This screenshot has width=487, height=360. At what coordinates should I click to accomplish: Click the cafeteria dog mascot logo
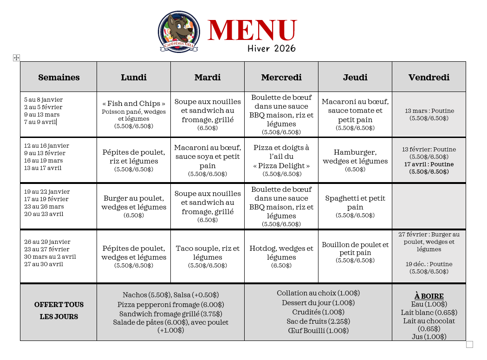pos(179,31)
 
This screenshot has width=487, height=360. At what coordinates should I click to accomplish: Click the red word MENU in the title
pos(252,31)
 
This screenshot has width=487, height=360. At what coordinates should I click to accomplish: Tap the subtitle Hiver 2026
pos(272,48)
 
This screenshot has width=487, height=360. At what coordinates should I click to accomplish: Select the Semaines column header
pos(58,77)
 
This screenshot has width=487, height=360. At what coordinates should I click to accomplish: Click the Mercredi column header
pos(281,77)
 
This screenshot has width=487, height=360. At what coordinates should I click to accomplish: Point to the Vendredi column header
pos(429,77)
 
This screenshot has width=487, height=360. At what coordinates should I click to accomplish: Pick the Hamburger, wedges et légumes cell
pos(355,160)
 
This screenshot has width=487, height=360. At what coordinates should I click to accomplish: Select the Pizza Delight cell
pos(281,160)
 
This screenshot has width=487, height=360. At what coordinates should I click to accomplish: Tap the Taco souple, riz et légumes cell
pos(208,256)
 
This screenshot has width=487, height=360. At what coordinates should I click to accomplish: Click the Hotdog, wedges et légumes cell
pos(281,256)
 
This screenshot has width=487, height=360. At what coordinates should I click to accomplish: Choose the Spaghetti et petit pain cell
pos(355,206)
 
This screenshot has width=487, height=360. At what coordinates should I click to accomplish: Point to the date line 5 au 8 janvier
pos(43,99)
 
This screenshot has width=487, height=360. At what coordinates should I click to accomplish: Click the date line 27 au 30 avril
pos(44,264)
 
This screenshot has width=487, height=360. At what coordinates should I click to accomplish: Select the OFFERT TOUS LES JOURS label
pos(58,311)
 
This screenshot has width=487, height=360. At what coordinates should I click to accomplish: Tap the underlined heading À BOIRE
pos(429,296)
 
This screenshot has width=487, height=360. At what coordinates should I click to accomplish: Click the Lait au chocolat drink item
pos(429,325)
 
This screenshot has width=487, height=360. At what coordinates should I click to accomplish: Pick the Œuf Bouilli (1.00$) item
pos(318,331)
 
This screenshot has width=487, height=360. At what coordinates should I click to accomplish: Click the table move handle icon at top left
pos(16,58)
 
